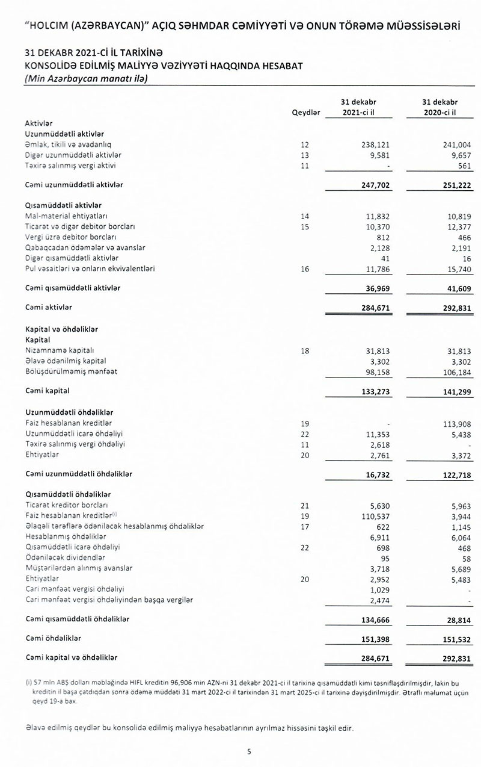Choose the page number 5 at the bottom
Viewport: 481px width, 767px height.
(x=249, y=751)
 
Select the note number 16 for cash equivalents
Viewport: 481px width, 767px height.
(x=305, y=269)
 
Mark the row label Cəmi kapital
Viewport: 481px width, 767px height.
(x=47, y=391)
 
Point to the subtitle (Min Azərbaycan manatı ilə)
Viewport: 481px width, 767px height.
(x=87, y=79)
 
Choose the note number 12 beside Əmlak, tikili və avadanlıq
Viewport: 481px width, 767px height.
(x=305, y=144)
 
